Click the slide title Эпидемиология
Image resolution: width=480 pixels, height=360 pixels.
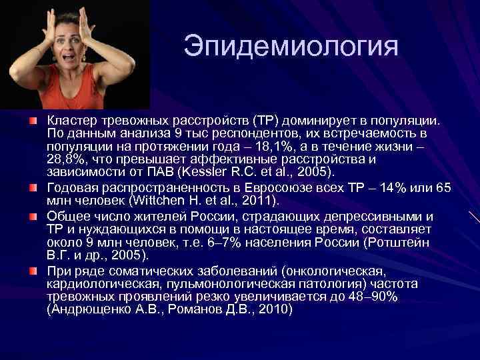(291, 46)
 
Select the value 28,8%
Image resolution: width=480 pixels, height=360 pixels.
(67, 160)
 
